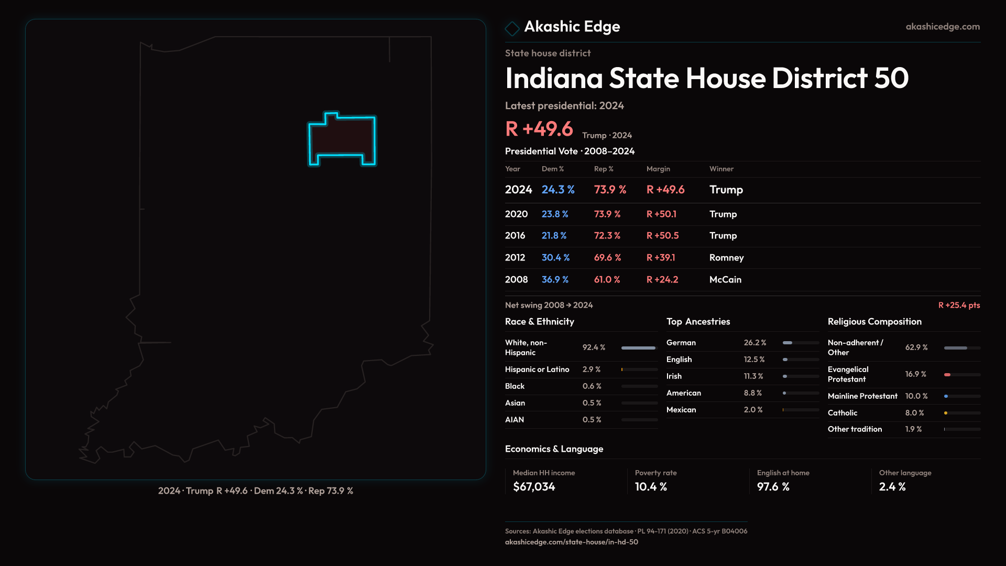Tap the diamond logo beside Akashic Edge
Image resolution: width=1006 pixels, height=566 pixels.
(x=512, y=28)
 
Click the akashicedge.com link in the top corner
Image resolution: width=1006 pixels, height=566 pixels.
(x=942, y=27)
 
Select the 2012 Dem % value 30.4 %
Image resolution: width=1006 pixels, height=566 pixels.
(x=555, y=258)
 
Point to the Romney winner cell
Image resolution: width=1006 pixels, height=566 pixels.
(x=726, y=258)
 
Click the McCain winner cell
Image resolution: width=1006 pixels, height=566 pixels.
(x=725, y=280)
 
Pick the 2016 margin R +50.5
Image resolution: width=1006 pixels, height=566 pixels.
(x=662, y=236)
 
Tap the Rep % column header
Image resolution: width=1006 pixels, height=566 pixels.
(x=604, y=169)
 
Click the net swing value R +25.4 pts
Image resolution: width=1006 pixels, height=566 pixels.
(x=959, y=306)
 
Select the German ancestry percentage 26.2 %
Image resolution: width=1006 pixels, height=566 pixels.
(x=754, y=343)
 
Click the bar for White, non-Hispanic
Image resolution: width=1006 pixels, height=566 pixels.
(x=638, y=348)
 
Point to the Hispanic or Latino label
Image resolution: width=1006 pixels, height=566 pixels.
(x=537, y=369)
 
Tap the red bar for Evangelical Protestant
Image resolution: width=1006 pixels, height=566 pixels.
(x=947, y=375)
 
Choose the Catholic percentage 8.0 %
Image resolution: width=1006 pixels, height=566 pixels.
(x=914, y=413)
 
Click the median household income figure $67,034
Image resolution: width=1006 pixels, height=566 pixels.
(x=534, y=487)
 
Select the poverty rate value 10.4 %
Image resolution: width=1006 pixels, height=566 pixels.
(x=651, y=487)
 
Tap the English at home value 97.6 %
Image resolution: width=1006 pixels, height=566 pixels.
(x=773, y=487)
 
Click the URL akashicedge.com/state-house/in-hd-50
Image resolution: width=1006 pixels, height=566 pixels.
(x=571, y=542)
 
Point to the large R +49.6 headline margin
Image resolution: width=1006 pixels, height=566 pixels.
(x=539, y=129)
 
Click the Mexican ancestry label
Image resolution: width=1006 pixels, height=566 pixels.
(x=681, y=410)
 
